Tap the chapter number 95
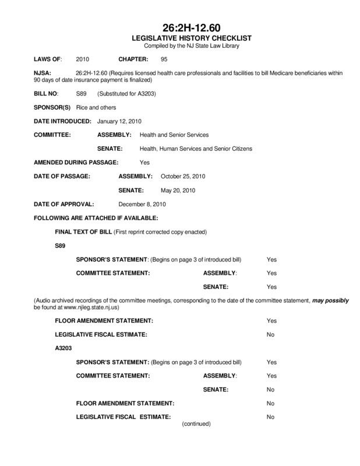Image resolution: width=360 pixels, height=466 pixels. point(164,59)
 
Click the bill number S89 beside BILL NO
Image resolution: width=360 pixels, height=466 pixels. point(82,93)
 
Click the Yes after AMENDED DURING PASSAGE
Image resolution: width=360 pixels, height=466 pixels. point(145,162)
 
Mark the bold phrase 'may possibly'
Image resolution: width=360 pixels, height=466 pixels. point(330,300)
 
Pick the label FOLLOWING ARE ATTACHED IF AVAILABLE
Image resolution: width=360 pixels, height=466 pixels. point(96,218)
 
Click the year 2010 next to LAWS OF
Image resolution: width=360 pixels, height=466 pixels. point(83,59)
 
